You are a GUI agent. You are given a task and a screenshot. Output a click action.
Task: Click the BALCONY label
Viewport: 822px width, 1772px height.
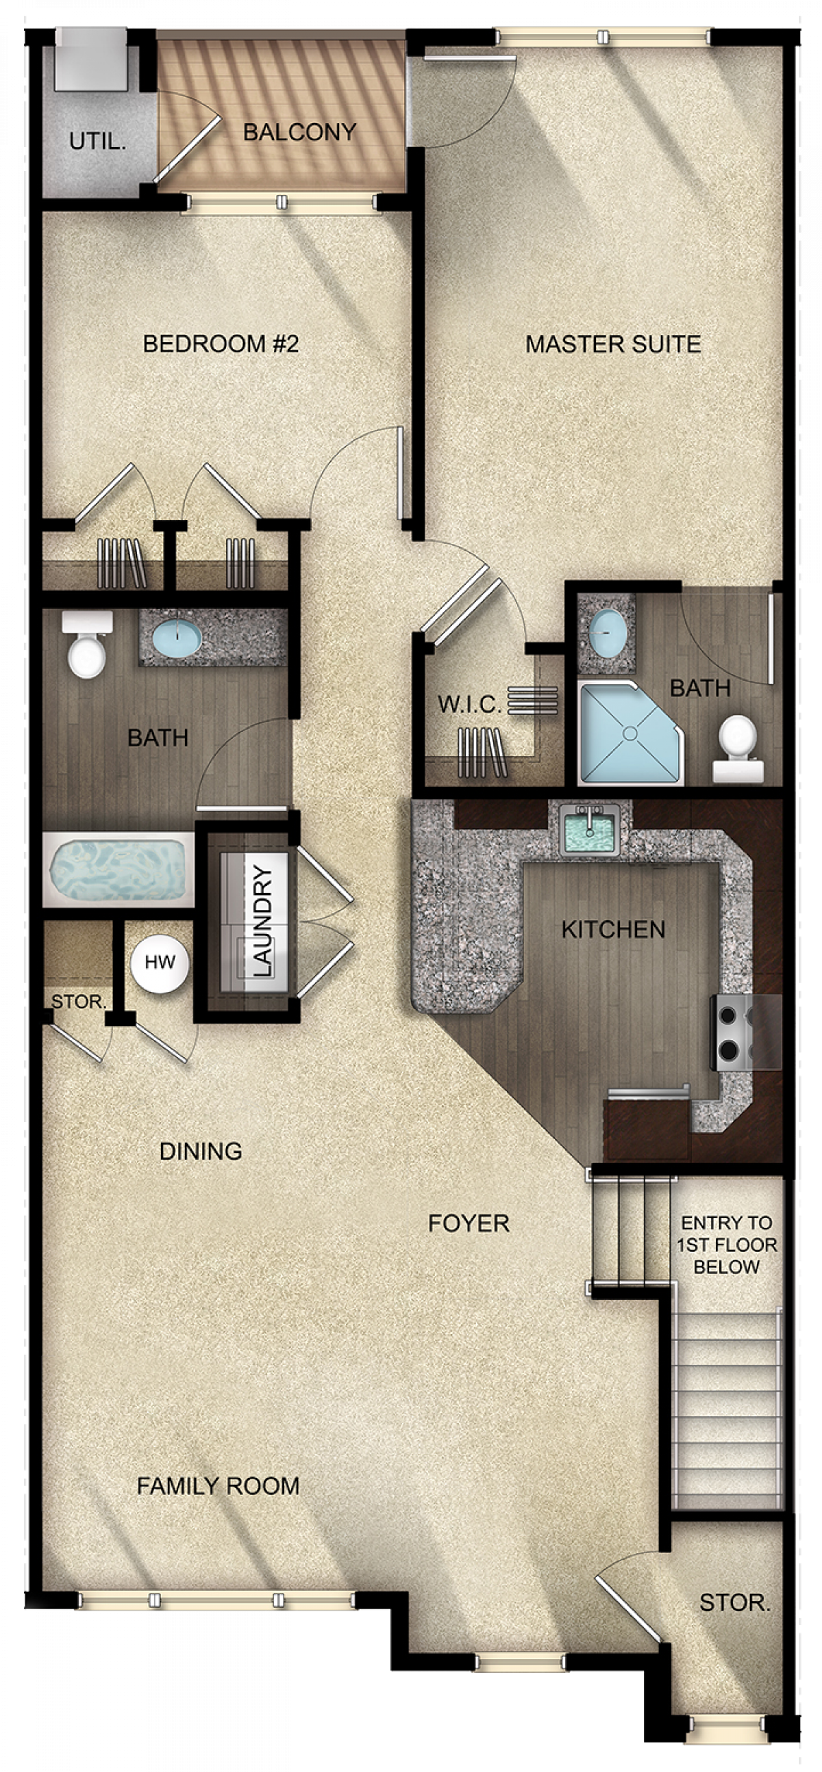[299, 131]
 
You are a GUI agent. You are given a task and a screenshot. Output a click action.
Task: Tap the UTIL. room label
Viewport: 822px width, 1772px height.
[98, 142]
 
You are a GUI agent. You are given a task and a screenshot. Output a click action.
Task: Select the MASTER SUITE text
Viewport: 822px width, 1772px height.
[613, 344]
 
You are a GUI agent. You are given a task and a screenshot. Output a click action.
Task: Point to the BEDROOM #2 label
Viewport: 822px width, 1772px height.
[221, 344]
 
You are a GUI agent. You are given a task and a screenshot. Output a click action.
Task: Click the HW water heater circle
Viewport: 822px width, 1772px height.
[160, 963]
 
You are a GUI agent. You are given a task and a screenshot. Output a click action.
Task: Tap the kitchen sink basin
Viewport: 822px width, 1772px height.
[589, 831]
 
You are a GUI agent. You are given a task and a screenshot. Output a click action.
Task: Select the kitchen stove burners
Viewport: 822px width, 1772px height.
[729, 1032]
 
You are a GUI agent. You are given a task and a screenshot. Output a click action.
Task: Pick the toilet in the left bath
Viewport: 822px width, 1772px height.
[88, 644]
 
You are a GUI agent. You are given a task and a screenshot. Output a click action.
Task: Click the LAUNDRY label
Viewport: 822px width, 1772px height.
[263, 921]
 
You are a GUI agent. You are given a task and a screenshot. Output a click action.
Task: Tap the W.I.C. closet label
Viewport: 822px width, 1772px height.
[469, 705]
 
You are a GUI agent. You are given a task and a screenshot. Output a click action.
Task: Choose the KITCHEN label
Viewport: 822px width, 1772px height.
[613, 930]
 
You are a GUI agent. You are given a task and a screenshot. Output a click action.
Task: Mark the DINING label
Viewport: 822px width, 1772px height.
[200, 1151]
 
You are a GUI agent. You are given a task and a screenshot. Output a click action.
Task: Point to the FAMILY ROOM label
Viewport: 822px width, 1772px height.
[219, 1486]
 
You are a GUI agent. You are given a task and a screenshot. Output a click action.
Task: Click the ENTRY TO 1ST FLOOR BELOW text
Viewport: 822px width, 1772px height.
[726, 1245]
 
